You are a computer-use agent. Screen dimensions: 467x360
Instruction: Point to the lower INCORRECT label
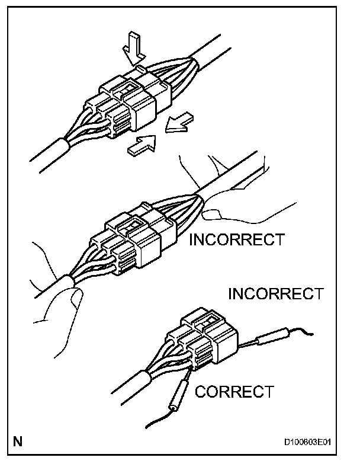(x=275, y=293)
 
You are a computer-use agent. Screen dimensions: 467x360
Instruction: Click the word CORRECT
(x=234, y=391)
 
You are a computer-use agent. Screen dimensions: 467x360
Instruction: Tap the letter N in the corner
(x=17, y=442)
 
